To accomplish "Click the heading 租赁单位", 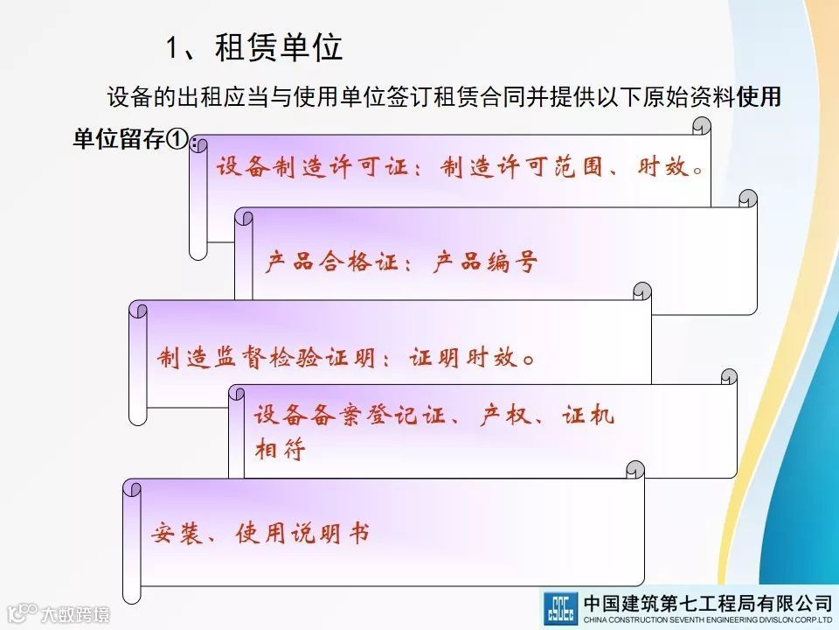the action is point(278,49).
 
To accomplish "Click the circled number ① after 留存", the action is point(177,140).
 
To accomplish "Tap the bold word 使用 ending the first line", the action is point(759,98).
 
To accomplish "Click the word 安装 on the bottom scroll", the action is point(174,533).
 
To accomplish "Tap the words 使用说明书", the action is point(302,533).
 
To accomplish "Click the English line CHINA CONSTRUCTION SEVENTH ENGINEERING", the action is point(682,620).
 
